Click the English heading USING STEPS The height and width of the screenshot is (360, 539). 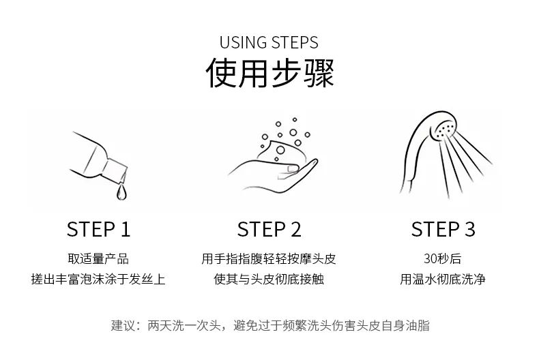pos(269,43)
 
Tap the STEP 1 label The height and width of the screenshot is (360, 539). pos(98,229)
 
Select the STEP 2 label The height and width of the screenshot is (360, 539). pos(269,229)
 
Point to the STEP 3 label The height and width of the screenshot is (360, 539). pos(443,229)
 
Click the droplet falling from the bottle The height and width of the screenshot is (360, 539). pos(121,193)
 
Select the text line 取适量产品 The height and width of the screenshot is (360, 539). pos(98,259)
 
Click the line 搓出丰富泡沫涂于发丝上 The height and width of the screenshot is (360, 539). pos(98,280)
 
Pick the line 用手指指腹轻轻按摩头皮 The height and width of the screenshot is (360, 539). pos(269,259)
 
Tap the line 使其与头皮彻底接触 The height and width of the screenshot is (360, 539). pos(269,280)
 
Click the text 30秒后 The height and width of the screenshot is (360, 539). pos(443,259)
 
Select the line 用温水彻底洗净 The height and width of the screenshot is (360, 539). pos(443,280)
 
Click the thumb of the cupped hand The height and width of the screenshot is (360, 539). pos(293,167)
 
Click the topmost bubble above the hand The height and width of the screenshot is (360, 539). pos(278,124)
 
